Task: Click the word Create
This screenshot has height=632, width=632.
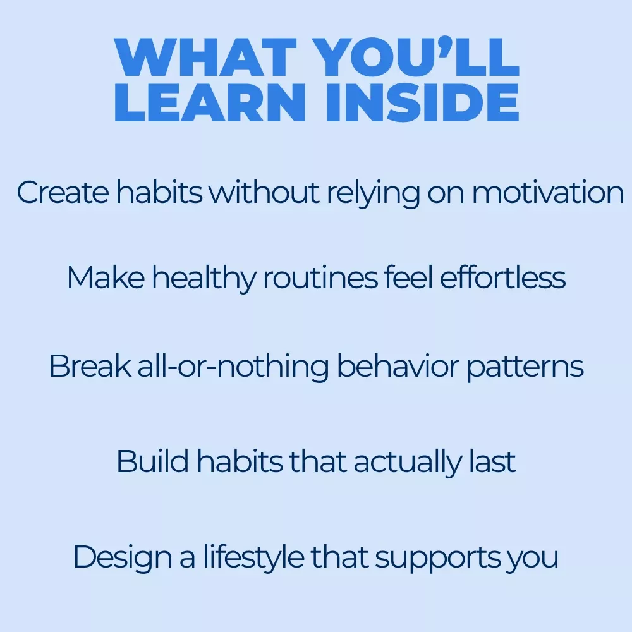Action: pyautogui.click(x=63, y=192)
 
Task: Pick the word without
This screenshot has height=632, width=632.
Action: pyautogui.click(x=264, y=192)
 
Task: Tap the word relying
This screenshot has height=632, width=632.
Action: pyautogui.click(x=374, y=194)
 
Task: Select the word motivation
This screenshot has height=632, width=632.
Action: pyautogui.click(x=548, y=192)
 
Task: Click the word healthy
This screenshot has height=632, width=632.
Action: pyautogui.click(x=204, y=279)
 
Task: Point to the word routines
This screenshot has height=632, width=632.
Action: pyautogui.click(x=320, y=277)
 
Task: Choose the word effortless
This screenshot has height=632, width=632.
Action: pyautogui.click(x=502, y=277)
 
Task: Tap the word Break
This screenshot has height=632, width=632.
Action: pyautogui.click(x=90, y=365)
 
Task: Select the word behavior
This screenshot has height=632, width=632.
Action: pyautogui.click(x=398, y=365)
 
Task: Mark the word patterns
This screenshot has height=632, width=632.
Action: pyautogui.click(x=525, y=367)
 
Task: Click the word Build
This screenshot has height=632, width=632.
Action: pyautogui.click(x=153, y=461)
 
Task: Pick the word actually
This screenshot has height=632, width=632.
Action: pyautogui.click(x=408, y=463)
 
